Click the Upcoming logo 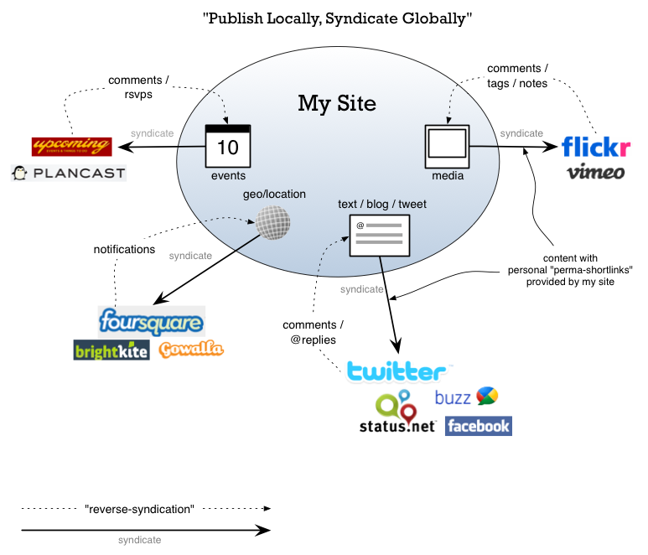[x=71, y=147]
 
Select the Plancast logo [x=68, y=174]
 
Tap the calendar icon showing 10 [x=228, y=146]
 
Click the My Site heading [x=337, y=104]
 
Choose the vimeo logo [x=595, y=173]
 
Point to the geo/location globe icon [x=274, y=224]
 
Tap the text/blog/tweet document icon [x=379, y=236]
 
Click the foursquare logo [x=151, y=321]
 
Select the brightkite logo [x=111, y=350]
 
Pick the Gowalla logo [x=191, y=349]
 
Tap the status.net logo [x=397, y=412]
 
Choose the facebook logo [x=478, y=426]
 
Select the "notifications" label [x=124, y=249]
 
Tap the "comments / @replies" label [x=314, y=333]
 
